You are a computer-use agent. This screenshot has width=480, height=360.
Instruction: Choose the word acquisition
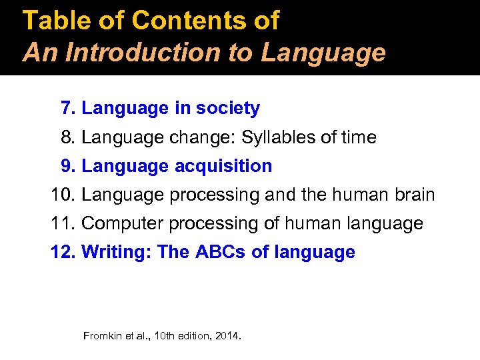click(x=223, y=166)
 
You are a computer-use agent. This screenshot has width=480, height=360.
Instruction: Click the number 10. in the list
click(x=63, y=195)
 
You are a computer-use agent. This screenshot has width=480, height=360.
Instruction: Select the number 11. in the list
click(x=63, y=223)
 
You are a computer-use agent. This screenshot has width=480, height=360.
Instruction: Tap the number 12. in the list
click(x=63, y=252)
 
